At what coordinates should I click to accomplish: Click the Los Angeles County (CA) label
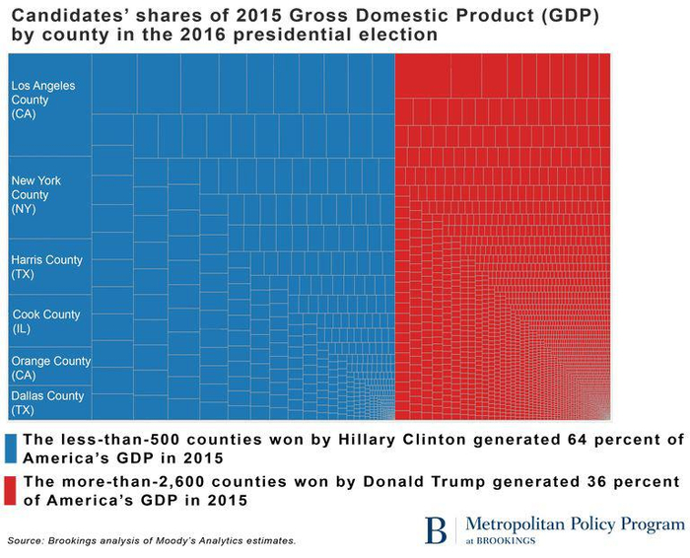42,101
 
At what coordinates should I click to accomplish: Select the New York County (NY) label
36,195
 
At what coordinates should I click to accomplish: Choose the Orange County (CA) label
50,368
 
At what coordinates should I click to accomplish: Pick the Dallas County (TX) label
47,402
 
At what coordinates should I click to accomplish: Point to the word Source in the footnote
28,541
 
